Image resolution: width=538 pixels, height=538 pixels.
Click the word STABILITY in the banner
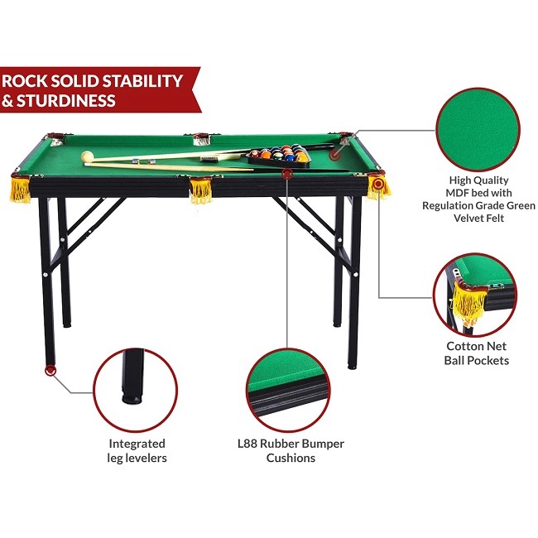139,80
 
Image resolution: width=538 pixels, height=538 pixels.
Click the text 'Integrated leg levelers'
137,451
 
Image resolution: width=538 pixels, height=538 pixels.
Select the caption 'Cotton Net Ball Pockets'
478,353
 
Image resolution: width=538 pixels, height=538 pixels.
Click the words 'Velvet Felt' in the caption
478,218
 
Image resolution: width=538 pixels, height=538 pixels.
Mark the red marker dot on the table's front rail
287,174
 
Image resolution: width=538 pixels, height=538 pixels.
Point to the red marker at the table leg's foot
50,370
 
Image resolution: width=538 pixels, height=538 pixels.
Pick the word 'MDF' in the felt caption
463,192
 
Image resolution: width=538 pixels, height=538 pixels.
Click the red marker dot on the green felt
334,152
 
